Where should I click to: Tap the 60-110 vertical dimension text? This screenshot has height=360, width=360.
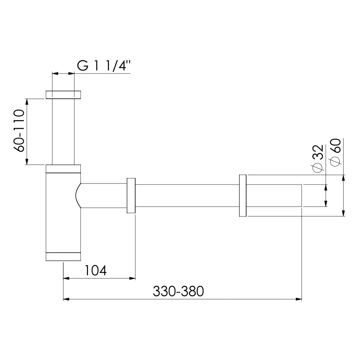click(x=20, y=130)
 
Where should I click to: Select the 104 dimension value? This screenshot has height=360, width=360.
click(x=95, y=270)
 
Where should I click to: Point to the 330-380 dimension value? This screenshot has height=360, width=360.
click(x=178, y=291)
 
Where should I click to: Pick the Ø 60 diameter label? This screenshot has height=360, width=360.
click(x=335, y=153)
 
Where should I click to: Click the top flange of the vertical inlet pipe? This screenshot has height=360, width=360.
click(x=63, y=95)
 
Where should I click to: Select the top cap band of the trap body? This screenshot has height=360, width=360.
click(x=63, y=169)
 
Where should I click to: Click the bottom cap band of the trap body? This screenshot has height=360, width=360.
click(x=63, y=256)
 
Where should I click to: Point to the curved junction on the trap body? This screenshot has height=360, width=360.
click(x=78, y=195)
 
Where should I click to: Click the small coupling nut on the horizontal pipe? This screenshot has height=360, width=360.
click(x=131, y=195)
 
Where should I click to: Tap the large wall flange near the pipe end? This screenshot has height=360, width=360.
click(x=243, y=195)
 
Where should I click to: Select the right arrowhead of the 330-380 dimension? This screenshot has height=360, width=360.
click(x=299, y=299)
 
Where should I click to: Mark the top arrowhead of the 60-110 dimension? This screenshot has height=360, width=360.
click(x=27, y=102)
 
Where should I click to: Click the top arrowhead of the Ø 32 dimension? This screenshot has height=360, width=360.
click(x=326, y=187)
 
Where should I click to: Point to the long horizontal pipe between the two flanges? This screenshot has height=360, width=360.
click(x=187, y=195)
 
